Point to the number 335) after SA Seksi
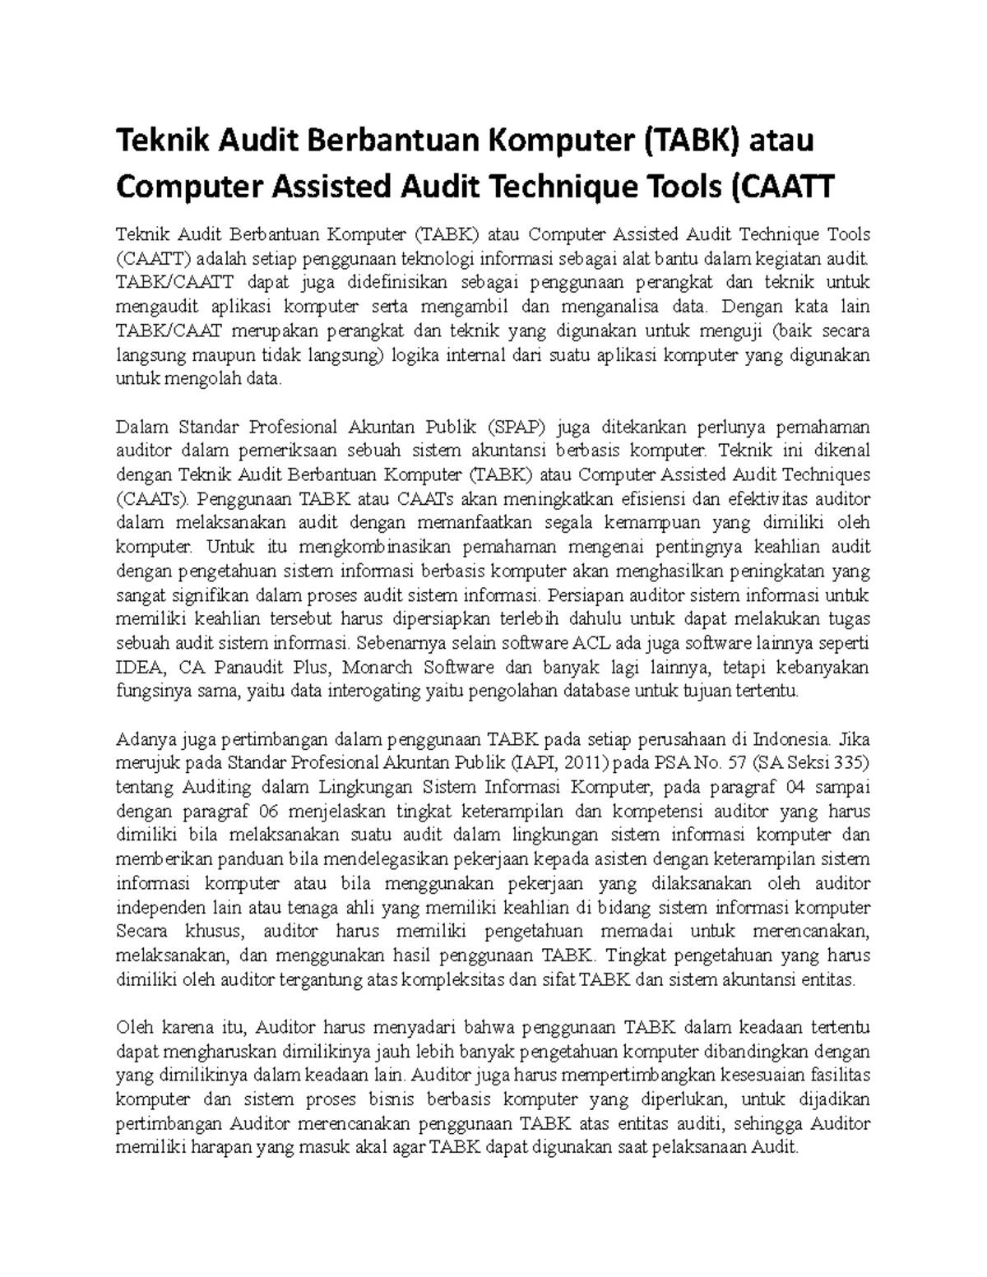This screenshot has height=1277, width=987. [847, 762]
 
